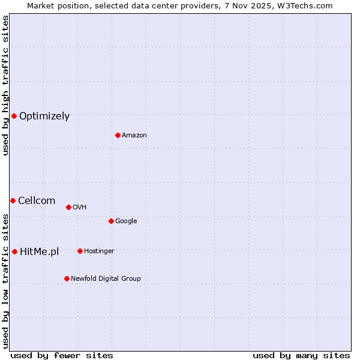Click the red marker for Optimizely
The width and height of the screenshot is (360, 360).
tap(14, 116)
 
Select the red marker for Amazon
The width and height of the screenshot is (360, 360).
tap(118, 135)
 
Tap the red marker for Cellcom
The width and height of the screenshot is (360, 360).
tap(13, 200)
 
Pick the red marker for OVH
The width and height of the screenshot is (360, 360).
tap(68, 207)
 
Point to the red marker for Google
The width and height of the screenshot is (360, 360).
tap(111, 221)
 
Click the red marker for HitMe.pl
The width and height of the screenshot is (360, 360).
tap(14, 251)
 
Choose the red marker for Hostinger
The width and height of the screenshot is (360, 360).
tap(80, 251)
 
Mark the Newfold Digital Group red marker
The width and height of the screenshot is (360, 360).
tap(67, 278)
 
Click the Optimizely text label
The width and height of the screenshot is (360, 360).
tap(44, 116)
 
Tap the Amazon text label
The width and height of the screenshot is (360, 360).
tap(134, 136)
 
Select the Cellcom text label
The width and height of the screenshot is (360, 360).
tap(37, 201)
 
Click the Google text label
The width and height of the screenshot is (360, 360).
tap(126, 221)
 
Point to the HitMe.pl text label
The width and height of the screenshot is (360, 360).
tap(40, 252)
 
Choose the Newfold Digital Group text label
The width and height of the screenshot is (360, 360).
tap(106, 279)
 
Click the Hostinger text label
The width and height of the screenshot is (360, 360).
tap(99, 251)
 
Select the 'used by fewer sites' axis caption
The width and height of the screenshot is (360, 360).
tap(62, 355)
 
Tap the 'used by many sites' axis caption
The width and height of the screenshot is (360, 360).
tap(301, 355)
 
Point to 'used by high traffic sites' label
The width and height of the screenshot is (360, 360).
tap(5, 85)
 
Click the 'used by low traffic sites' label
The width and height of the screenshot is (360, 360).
tap(5, 280)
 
